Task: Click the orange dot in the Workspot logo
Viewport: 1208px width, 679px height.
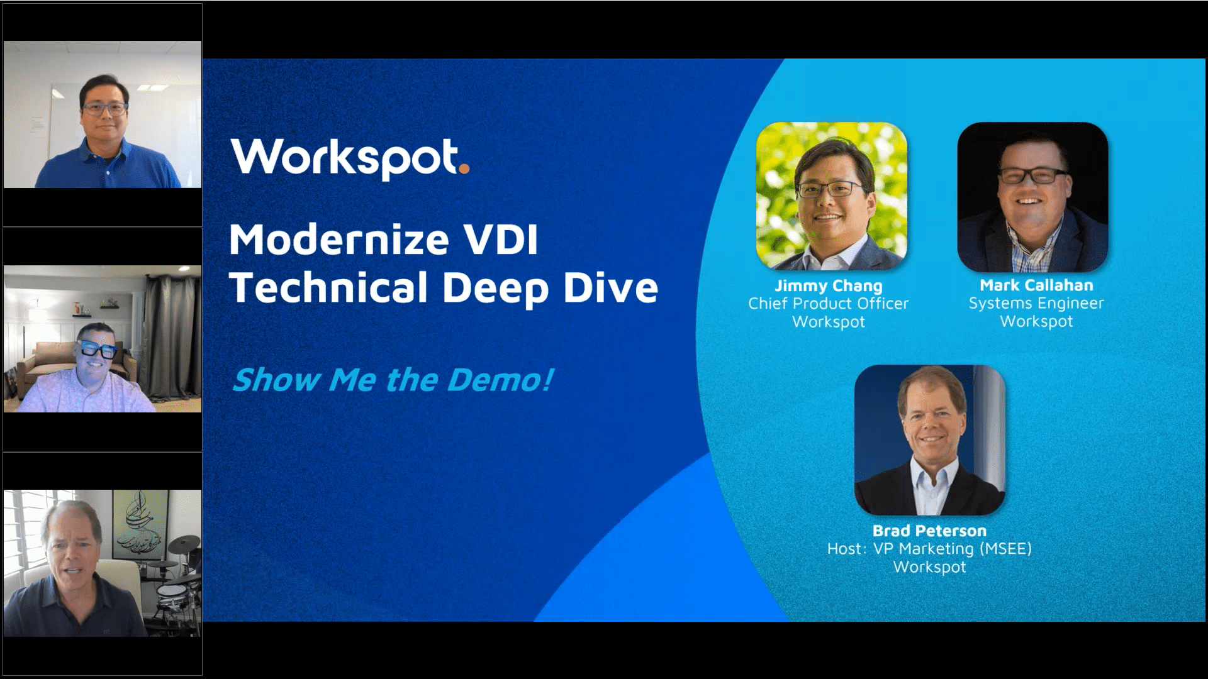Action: click(x=464, y=168)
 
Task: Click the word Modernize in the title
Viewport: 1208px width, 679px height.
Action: click(x=338, y=240)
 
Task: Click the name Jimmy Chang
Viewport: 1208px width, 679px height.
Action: click(x=828, y=285)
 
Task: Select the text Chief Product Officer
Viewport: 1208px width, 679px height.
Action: click(x=828, y=304)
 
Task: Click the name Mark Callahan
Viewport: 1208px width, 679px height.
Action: click(x=1036, y=285)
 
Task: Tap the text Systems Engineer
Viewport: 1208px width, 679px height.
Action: click(x=1036, y=304)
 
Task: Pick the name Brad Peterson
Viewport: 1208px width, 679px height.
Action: click(x=929, y=531)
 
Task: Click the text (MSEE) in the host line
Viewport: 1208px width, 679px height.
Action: click(x=1005, y=549)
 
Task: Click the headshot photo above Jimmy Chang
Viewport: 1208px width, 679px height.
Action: click(x=831, y=196)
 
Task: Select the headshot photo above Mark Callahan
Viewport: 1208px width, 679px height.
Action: click(x=1032, y=196)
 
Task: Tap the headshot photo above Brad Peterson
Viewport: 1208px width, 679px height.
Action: click(x=929, y=440)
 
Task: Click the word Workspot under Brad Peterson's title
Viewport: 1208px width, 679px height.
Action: click(x=929, y=567)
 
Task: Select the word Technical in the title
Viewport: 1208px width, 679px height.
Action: click(x=328, y=288)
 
